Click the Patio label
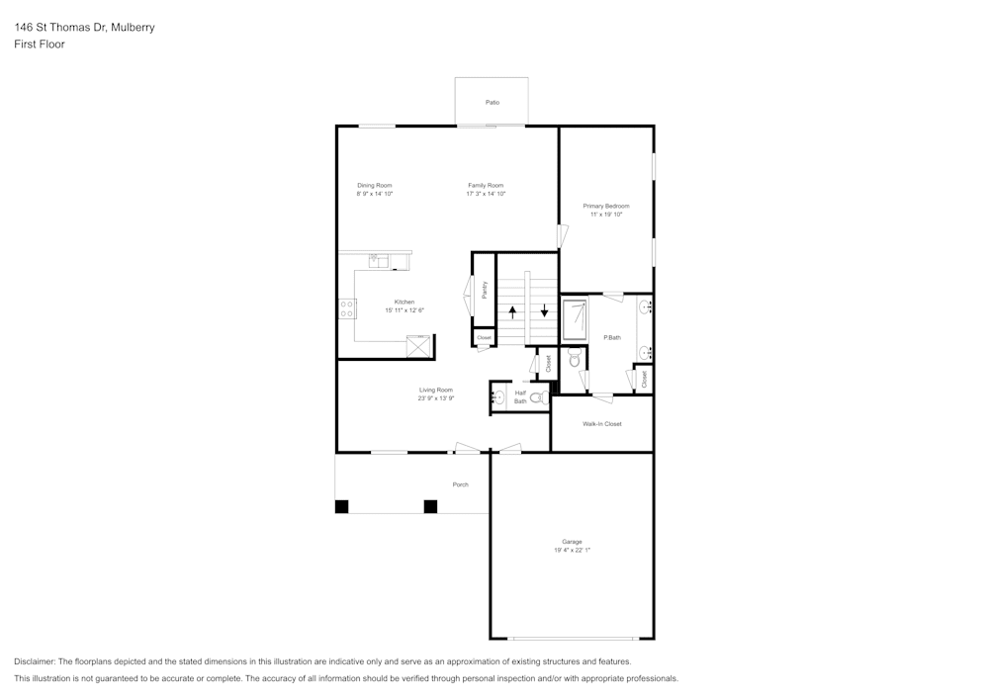click(492, 103)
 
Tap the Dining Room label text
click(375, 185)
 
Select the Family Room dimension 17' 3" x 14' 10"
click(486, 194)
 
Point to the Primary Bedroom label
click(605, 206)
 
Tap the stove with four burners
click(348, 308)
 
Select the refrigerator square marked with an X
click(419, 346)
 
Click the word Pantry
click(485, 290)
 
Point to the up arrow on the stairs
click(513, 310)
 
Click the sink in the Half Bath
click(498, 397)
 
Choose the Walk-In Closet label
click(601, 424)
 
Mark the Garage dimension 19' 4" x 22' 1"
click(572, 550)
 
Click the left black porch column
click(341, 507)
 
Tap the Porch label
click(460, 484)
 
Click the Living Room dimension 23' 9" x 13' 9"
click(436, 398)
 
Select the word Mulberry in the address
click(132, 28)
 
